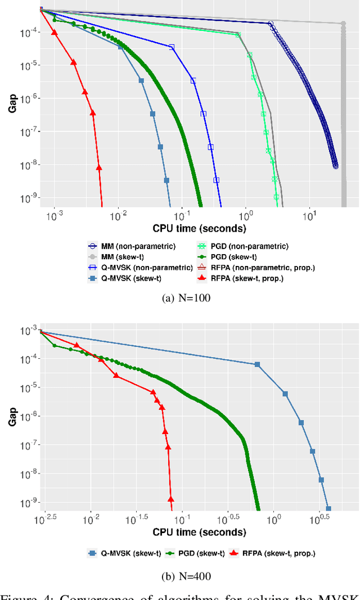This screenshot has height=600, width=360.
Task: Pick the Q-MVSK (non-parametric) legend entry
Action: pyautogui.click(x=141, y=267)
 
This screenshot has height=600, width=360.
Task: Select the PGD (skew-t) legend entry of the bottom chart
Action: pyautogui.click(x=191, y=553)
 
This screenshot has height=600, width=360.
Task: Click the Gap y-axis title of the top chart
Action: pyautogui.click(x=12, y=105)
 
